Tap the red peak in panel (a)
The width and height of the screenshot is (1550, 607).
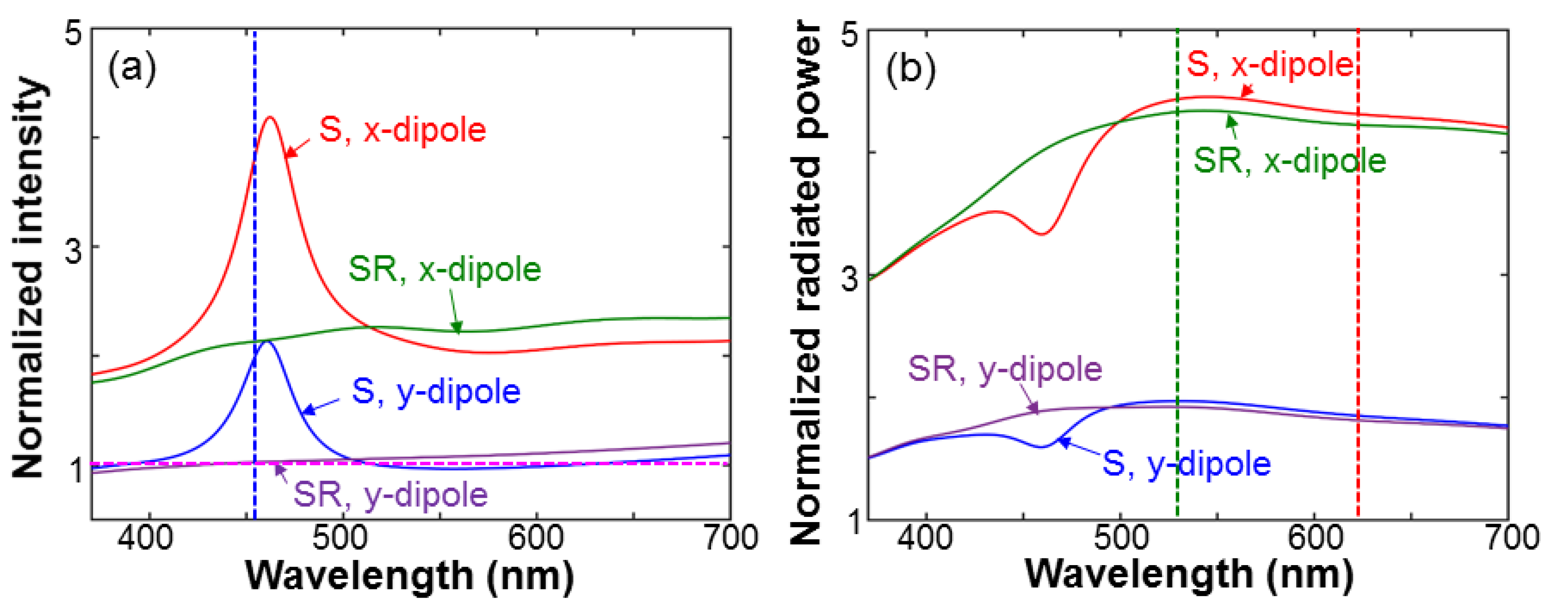pos(269,117)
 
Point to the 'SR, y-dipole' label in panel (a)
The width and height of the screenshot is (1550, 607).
pos(390,495)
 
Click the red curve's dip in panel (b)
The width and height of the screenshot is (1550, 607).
pos(1043,234)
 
